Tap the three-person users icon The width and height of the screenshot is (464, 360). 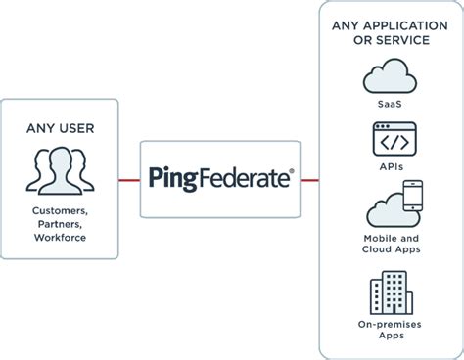pos(59,168)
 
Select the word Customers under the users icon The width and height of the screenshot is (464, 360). pos(59,211)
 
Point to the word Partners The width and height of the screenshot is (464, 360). pos(59,224)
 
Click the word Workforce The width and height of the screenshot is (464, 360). pos(59,237)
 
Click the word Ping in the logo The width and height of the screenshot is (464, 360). pos(172,179)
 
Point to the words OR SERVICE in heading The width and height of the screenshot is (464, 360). pos(391,40)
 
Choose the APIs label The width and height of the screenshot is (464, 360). pos(390,166)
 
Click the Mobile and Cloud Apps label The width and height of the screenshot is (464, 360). pos(390,243)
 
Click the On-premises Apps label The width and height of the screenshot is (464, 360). pos(390,331)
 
